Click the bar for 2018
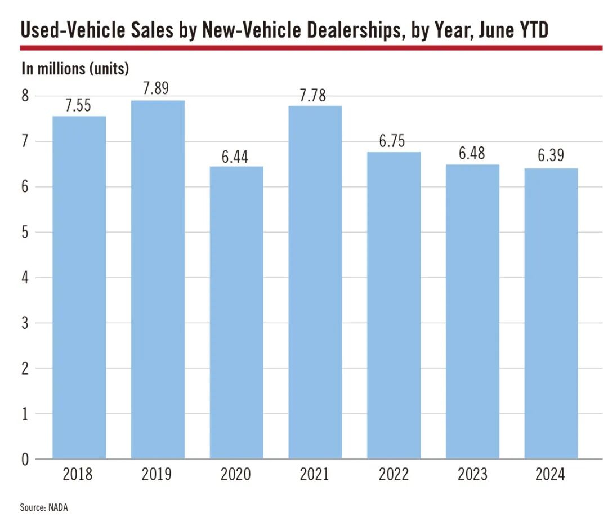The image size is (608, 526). [x=79, y=287]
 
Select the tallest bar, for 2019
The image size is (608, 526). [x=158, y=279]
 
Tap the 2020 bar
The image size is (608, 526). [x=236, y=313]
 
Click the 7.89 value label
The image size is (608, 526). [x=157, y=89]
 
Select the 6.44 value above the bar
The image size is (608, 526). [x=236, y=157]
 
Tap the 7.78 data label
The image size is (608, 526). [x=314, y=96]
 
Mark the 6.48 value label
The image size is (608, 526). [x=472, y=154]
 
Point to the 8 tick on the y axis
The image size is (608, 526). [x=25, y=96]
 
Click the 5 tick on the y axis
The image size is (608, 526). [x=25, y=232]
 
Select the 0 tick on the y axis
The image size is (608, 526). [x=25, y=460]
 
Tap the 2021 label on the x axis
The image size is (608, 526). [x=314, y=475]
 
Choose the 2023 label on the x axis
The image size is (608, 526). [x=472, y=475]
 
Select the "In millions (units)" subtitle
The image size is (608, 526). [x=75, y=69]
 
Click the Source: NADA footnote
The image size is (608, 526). [x=44, y=507]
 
